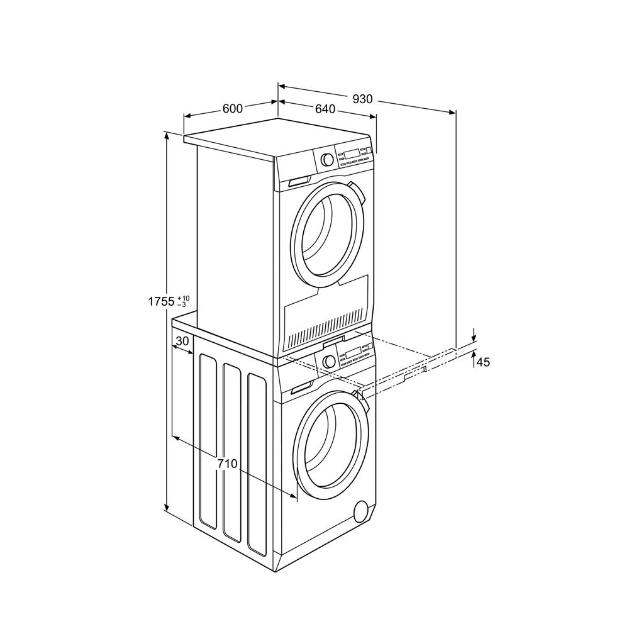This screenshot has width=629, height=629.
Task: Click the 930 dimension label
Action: (x=362, y=99)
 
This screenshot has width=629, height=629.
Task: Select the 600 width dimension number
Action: (x=232, y=109)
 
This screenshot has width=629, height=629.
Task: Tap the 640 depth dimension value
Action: (x=325, y=109)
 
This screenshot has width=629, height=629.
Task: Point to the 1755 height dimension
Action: (x=161, y=301)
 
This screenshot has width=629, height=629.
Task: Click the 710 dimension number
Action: (x=227, y=464)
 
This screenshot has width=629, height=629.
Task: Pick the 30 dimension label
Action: (x=182, y=341)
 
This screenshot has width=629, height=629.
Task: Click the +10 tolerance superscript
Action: (x=183, y=297)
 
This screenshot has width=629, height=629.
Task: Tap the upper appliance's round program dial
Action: (x=327, y=159)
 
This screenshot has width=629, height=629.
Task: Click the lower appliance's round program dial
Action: (x=328, y=361)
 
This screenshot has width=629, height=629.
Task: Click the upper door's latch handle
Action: (x=355, y=191)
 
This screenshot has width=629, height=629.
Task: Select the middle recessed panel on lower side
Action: (x=232, y=452)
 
